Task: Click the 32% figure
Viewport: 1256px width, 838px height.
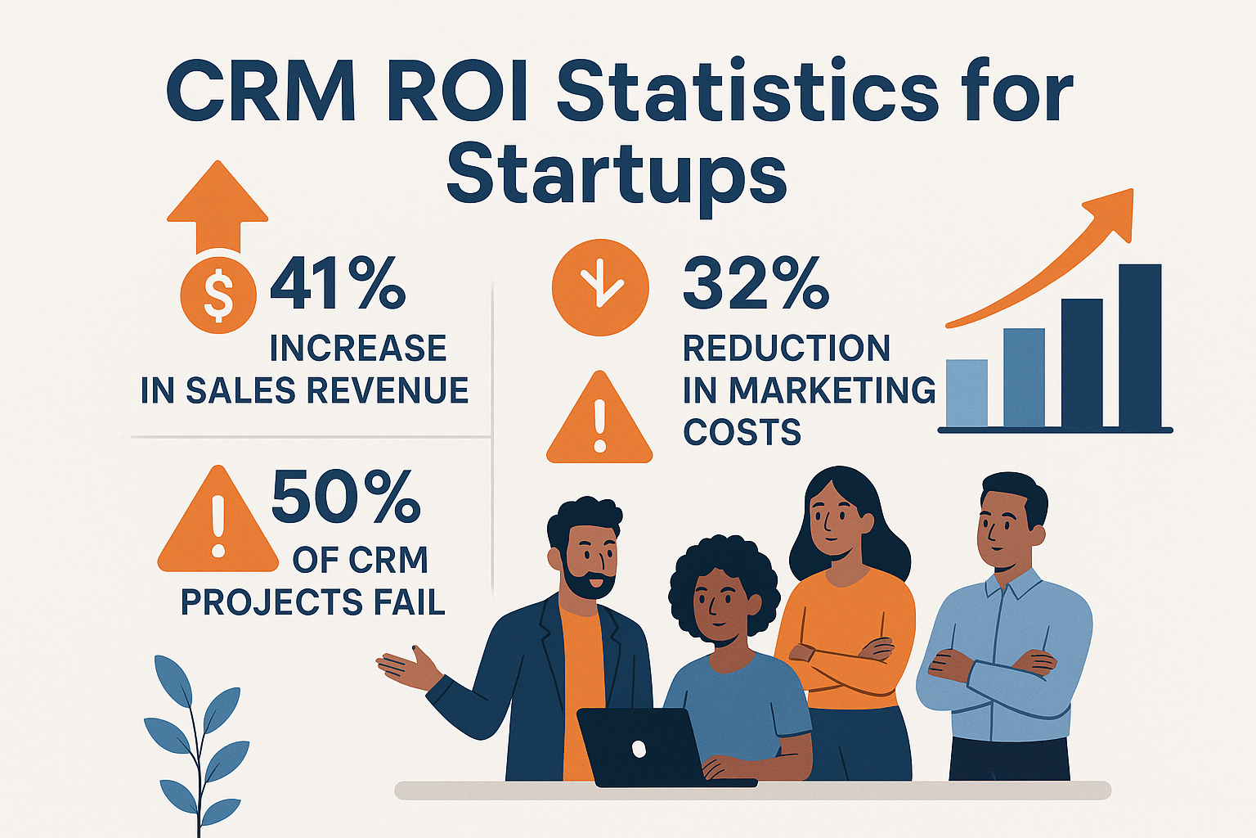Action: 756,284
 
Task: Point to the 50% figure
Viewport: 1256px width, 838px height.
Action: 345,497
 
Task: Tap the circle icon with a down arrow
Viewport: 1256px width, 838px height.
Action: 599,286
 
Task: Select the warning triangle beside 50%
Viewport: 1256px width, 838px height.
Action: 218,525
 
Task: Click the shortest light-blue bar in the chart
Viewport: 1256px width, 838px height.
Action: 966,393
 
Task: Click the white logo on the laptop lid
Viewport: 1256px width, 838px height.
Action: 639,748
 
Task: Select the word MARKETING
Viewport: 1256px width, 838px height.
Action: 832,390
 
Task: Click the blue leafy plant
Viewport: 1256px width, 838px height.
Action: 197,737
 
